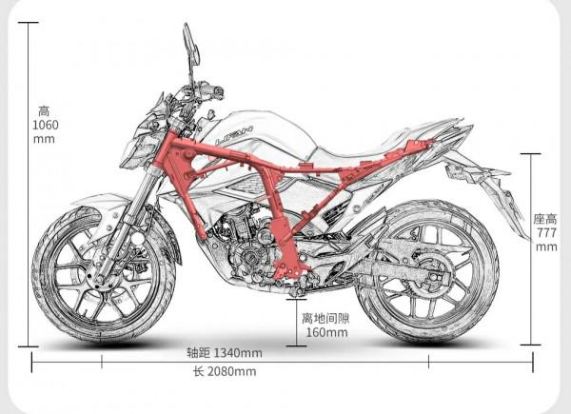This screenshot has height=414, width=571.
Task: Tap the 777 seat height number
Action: coord(545,233)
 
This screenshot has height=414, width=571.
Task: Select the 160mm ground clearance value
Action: coord(324,333)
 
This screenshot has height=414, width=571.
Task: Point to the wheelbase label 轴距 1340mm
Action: coord(225,353)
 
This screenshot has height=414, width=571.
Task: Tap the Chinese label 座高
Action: coord(545,219)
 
